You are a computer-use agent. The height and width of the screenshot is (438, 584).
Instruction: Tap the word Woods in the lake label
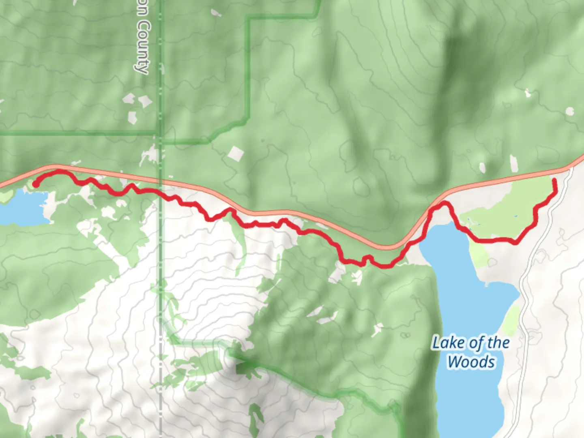pos(471,361)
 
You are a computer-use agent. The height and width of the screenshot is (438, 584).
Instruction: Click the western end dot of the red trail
pos(36,184)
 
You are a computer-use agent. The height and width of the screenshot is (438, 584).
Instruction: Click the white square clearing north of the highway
pos(236,154)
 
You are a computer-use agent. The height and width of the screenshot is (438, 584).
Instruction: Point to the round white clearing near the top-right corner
pos(570,111)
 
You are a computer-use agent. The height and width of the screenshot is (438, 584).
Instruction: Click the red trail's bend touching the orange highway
pos(444,202)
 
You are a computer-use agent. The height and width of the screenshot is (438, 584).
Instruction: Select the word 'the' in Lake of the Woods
pos(498,343)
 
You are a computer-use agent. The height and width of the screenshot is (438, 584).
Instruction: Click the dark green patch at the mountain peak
pos(243,368)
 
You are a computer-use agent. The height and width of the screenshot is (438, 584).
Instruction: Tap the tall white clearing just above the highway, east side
pos(513,163)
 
